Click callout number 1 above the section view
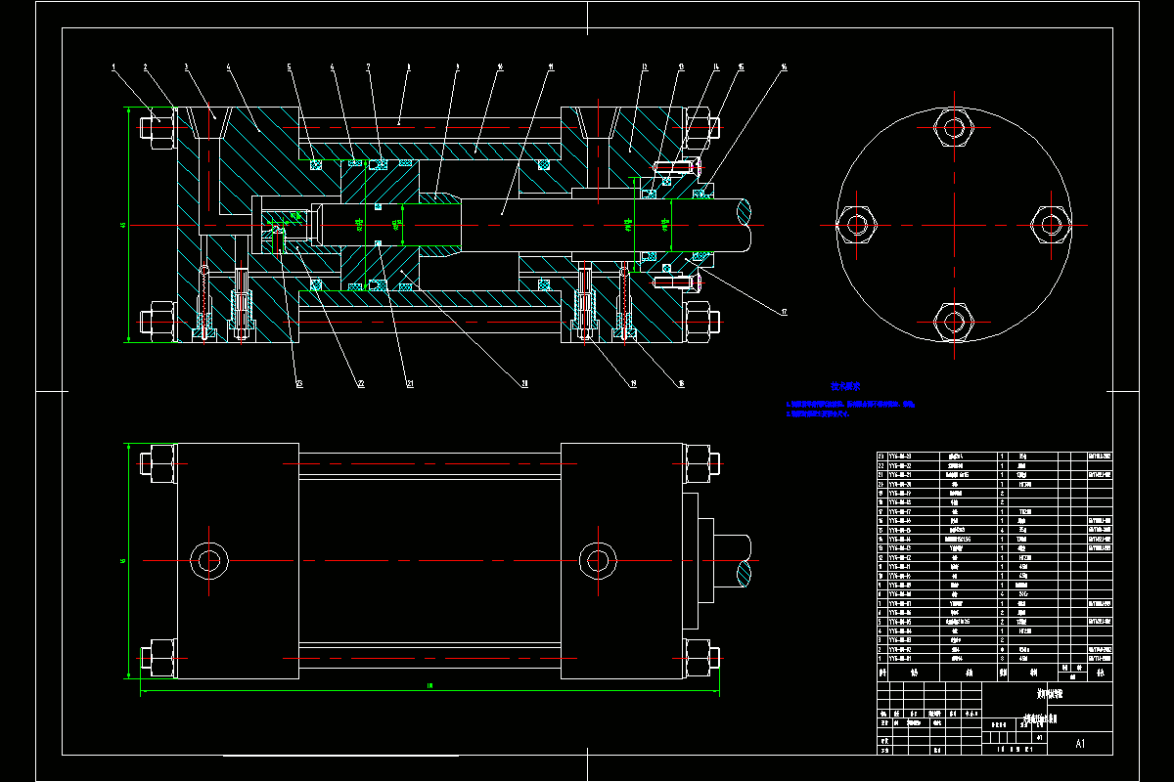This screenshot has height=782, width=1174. [114, 67]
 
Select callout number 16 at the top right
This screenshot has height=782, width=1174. [785, 67]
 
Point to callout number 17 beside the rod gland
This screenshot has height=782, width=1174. [784, 313]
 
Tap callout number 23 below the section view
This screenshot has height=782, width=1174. [299, 384]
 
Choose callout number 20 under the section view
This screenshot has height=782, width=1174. [524, 384]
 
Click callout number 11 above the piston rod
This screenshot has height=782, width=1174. [552, 67]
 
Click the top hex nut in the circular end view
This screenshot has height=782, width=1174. [954, 128]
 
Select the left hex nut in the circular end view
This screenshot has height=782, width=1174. [857, 225]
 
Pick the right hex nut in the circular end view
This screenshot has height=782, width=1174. [1051, 225]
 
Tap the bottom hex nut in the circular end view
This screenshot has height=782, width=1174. [954, 319]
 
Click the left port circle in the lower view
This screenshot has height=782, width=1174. [209, 560]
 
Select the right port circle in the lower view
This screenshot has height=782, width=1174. [598, 560]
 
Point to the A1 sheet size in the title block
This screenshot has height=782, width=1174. [1080, 744]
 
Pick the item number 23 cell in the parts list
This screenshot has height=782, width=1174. [882, 456]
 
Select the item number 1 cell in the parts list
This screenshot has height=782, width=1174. [882, 659]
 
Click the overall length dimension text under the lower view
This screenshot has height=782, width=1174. [429, 685]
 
